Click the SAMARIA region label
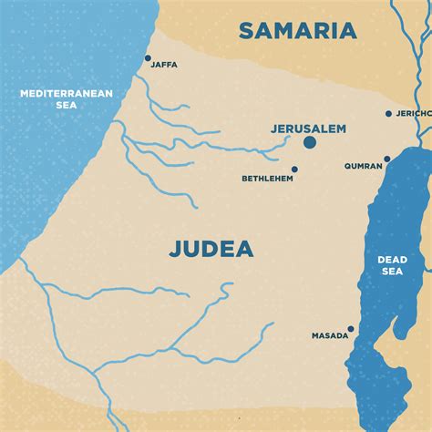(x=298, y=31)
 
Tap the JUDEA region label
(x=211, y=249)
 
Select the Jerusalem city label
(x=308, y=129)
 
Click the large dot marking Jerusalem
(x=310, y=143)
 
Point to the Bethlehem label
(x=266, y=179)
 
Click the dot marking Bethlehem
(x=294, y=169)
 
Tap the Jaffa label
(x=164, y=65)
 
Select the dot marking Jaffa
(x=148, y=58)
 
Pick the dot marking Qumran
(x=386, y=159)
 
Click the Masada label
(x=329, y=335)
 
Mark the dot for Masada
(x=350, y=329)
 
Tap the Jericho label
(x=413, y=114)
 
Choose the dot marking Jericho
(x=389, y=114)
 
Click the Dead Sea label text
(x=393, y=265)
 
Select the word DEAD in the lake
(x=393, y=260)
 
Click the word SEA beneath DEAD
(x=393, y=272)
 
